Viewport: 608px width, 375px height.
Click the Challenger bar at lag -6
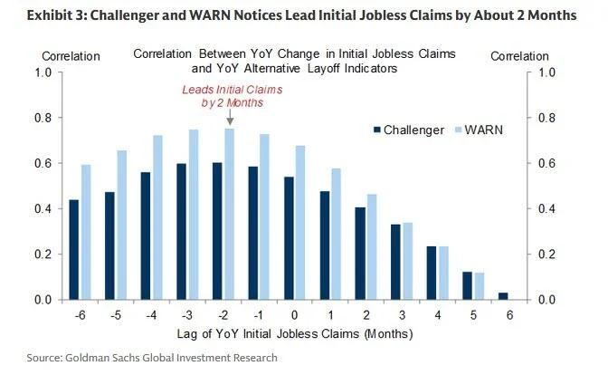[x=73, y=249]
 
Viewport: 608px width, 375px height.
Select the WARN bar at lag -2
[x=229, y=214]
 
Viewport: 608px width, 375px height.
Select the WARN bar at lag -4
[x=158, y=217]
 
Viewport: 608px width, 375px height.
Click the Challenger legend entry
[x=406, y=130]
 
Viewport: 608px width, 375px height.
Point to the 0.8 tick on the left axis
[x=40, y=118]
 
